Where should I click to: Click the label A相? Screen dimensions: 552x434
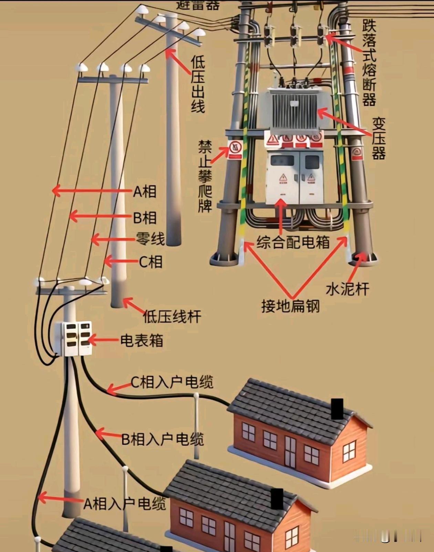pos(145,191)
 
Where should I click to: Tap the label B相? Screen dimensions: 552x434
pos(145,218)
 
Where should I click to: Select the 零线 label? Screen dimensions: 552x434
pos(151,239)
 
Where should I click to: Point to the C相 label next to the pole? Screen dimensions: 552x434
pos(151,262)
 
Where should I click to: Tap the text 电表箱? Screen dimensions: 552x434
pos(142,341)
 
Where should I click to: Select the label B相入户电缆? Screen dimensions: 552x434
pos(163,439)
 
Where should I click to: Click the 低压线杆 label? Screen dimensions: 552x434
pos(172,316)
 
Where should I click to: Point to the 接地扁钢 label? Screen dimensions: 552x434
pos(290,306)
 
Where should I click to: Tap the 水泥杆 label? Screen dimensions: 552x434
pos(347,289)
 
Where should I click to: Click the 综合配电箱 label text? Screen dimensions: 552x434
pos(293,242)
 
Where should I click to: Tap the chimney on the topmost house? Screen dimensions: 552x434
pos(337,409)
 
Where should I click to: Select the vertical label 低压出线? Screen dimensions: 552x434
pos(198,84)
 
